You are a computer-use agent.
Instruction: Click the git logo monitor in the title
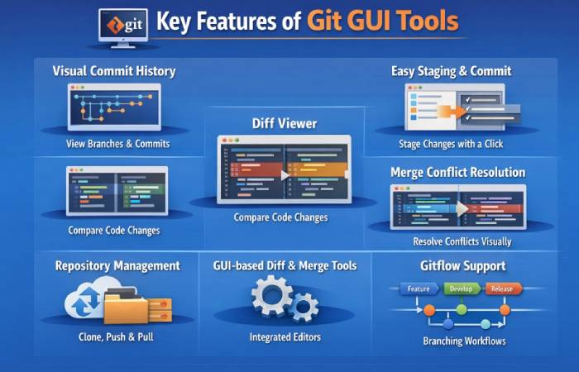click(x=122, y=25)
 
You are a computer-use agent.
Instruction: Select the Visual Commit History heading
click(x=114, y=71)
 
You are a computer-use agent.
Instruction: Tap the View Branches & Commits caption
click(x=117, y=144)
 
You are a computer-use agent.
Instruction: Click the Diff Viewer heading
click(x=284, y=123)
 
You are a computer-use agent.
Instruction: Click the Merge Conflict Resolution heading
click(x=457, y=172)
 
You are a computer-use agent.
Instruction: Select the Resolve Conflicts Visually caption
click(x=462, y=242)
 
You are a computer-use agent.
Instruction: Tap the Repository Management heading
click(x=117, y=265)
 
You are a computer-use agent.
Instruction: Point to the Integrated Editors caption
click(x=284, y=337)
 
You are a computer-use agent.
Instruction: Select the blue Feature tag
click(x=419, y=289)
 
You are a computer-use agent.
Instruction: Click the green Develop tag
click(x=462, y=289)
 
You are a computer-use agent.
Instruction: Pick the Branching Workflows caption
click(x=464, y=341)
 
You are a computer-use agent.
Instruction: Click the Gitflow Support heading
click(x=463, y=266)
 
